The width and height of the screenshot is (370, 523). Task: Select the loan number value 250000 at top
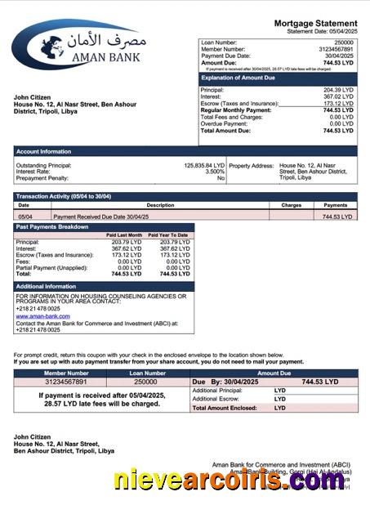click(x=344, y=42)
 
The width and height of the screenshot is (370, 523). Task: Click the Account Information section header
click(x=46, y=151)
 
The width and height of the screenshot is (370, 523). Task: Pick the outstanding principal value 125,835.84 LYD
click(x=203, y=165)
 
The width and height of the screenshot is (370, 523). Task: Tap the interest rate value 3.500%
click(x=214, y=172)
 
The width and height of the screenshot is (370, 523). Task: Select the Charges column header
click(x=292, y=205)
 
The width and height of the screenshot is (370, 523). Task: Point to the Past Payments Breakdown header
click(x=53, y=226)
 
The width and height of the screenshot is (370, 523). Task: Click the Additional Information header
click(x=46, y=286)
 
